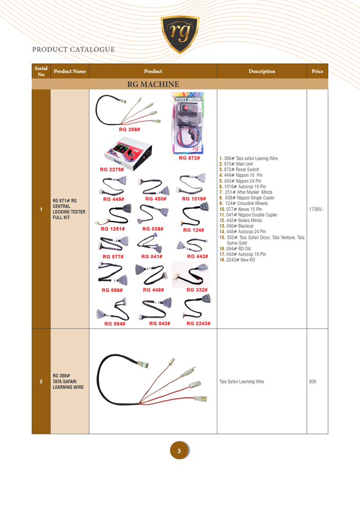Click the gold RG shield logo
[180, 33]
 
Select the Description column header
[262, 71]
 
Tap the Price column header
[318, 71]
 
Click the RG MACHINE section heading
[153, 84]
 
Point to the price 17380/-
[316, 209]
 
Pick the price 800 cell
[313, 381]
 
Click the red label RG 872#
[189, 158]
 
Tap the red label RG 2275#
[112, 170]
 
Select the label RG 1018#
[194, 199]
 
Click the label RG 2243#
[198, 323]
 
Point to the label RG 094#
[115, 323]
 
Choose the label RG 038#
[153, 229]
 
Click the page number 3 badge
[179, 451]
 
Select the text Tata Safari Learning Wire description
[242, 381]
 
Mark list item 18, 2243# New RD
[237, 260]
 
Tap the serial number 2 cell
[41, 381]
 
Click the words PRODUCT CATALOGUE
[73, 49]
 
